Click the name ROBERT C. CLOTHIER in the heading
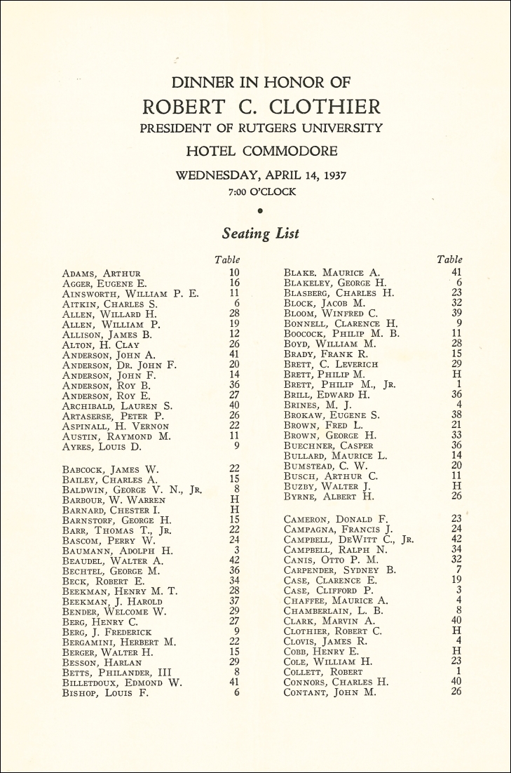pyautogui.click(x=261, y=107)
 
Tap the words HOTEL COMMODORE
pyautogui.click(x=261, y=151)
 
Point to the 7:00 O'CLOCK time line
pyautogui.click(x=261, y=191)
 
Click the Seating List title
pyautogui.click(x=261, y=233)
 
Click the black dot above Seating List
pyautogui.click(x=260, y=210)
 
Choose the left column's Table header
pyautogui.click(x=227, y=260)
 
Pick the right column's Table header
pyautogui.click(x=449, y=260)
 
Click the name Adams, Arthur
pyautogui.click(x=102, y=274)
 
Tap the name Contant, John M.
pyautogui.click(x=329, y=692)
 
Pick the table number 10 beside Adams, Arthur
pyautogui.click(x=234, y=272)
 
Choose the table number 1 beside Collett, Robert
pyautogui.click(x=459, y=671)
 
